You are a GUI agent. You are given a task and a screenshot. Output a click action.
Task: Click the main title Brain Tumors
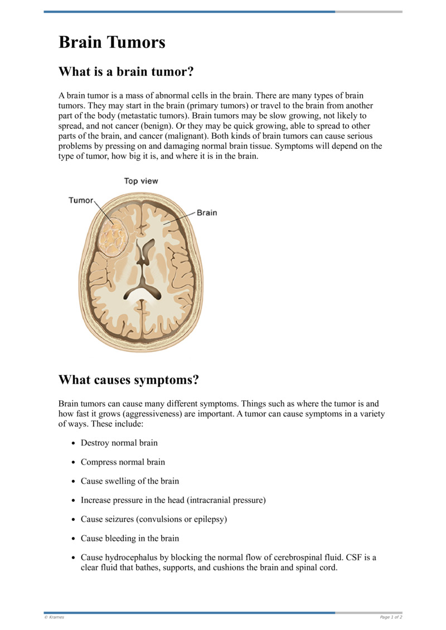tap(111, 42)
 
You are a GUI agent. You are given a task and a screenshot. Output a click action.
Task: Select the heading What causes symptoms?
tap(128, 380)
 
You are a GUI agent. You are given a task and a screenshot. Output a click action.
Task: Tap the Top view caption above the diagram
tap(140, 181)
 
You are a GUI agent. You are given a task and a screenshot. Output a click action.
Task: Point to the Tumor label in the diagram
tap(81, 200)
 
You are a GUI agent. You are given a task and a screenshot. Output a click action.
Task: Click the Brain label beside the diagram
tap(207, 212)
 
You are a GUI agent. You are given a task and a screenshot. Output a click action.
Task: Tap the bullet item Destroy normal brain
tap(119, 443)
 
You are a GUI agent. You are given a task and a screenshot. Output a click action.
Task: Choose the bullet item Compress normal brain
tap(123, 462)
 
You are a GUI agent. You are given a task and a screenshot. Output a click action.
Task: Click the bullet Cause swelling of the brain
tap(129, 481)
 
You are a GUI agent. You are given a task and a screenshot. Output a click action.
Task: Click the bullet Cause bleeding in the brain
tap(129, 539)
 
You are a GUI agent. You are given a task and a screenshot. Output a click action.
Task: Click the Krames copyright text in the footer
tap(54, 617)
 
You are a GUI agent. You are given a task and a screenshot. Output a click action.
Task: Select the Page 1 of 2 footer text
tap(391, 617)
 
